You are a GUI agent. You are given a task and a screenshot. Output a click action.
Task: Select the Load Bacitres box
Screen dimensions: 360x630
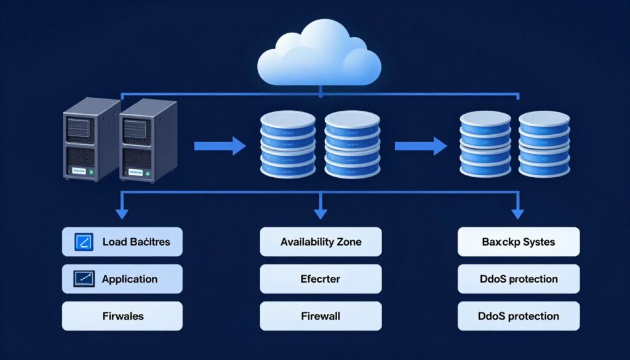(x=122, y=242)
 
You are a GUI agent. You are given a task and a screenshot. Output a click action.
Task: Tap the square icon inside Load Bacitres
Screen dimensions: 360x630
(x=82, y=242)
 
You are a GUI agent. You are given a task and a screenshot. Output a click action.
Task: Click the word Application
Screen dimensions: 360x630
(x=129, y=279)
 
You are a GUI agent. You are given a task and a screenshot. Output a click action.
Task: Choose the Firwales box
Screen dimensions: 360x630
(x=122, y=316)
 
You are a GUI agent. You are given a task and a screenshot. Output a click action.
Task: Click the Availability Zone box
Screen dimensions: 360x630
(x=321, y=242)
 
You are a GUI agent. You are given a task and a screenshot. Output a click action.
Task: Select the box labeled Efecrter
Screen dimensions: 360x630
(x=321, y=279)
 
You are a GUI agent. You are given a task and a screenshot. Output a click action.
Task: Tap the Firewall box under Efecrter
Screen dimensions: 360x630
(x=321, y=316)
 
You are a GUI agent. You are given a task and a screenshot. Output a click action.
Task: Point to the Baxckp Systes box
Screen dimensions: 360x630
(x=519, y=242)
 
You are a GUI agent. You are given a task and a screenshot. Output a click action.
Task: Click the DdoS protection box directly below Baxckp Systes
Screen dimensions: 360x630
(x=519, y=279)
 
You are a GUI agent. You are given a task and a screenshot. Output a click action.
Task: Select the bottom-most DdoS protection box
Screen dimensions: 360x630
(x=519, y=316)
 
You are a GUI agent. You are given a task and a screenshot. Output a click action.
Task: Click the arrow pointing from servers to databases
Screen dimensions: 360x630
(x=220, y=146)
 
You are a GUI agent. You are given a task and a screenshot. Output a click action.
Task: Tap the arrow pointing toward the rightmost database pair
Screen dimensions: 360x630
(x=420, y=146)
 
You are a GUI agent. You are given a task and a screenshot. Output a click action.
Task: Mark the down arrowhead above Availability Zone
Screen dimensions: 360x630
(x=321, y=213)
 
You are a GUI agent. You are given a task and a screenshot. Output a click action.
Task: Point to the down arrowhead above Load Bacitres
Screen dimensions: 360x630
(x=122, y=213)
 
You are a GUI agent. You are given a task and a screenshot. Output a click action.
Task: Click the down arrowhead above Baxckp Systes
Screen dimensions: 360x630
(x=518, y=213)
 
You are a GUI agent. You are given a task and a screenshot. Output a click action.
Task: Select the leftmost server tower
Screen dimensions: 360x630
(x=90, y=140)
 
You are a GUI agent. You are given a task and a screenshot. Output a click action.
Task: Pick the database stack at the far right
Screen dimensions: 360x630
(x=544, y=145)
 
